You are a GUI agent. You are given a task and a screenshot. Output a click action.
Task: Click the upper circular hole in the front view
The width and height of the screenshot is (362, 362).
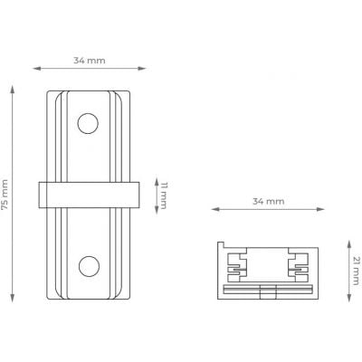[88, 123]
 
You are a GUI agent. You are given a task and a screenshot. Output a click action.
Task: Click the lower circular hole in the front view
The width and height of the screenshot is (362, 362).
[89, 267]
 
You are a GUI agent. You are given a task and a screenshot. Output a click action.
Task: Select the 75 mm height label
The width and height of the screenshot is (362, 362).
[5, 195]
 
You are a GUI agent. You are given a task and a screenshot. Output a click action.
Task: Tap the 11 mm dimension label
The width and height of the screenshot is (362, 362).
[163, 195]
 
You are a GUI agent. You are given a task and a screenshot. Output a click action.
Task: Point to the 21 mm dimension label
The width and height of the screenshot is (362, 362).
[357, 271]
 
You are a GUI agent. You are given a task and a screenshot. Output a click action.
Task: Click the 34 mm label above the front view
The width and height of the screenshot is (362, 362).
[90, 61]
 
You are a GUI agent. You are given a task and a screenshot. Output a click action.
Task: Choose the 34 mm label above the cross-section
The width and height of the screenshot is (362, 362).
[268, 201]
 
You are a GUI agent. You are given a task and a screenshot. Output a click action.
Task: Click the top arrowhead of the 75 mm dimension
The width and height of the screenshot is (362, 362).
[13, 90]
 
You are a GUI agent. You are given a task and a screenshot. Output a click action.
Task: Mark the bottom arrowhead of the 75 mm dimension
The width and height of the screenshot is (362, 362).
[13, 298]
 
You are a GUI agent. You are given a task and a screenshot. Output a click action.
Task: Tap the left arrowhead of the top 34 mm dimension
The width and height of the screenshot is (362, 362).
[37, 69]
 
